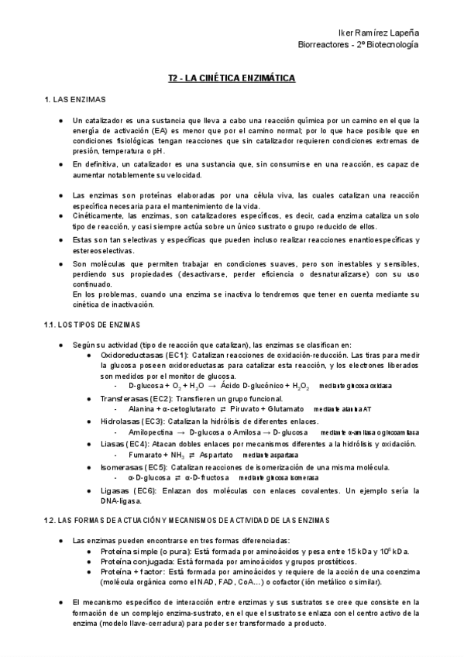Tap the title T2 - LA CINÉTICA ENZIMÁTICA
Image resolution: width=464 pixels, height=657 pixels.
click(x=232, y=78)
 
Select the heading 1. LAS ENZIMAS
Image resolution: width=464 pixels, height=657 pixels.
click(x=74, y=101)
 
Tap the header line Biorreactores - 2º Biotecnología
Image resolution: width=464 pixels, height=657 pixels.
click(x=358, y=45)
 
